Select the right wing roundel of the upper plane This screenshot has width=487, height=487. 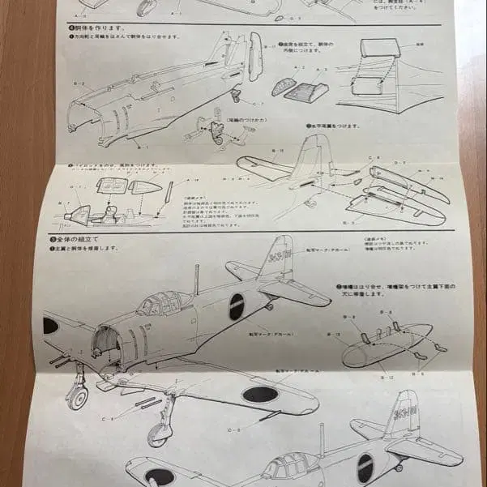click(x=261, y=395)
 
